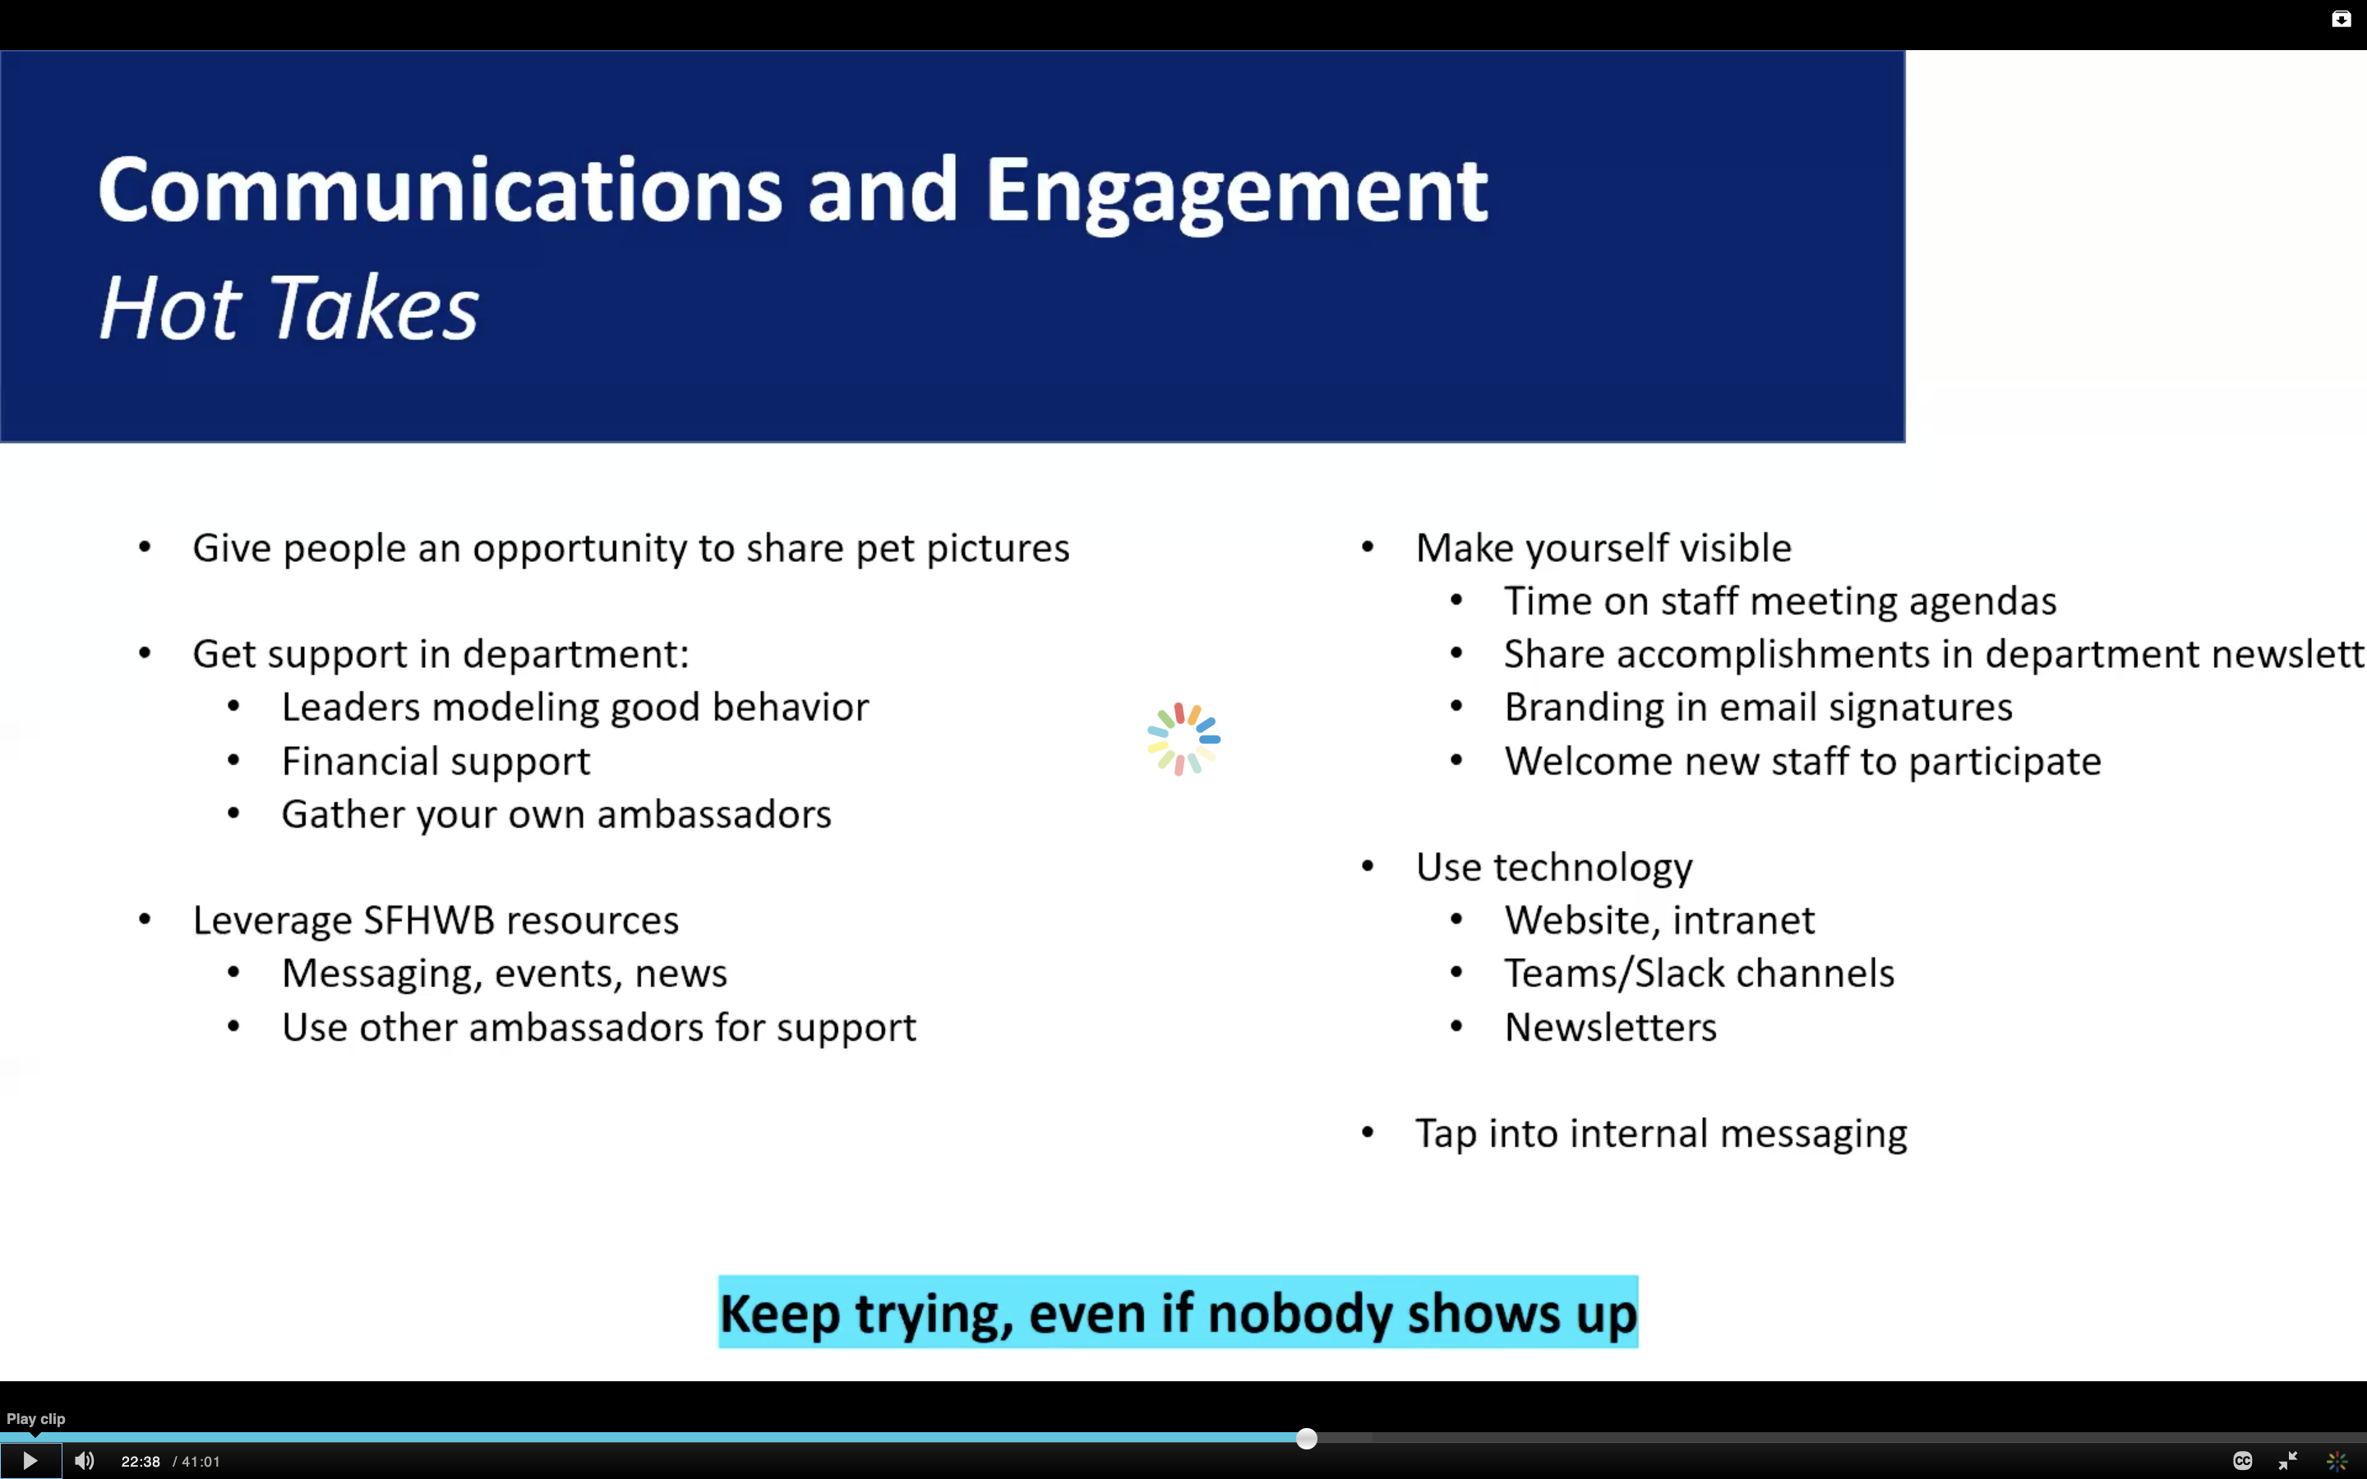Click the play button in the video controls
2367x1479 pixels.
tap(30, 1460)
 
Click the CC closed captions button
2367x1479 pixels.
tap(2243, 1460)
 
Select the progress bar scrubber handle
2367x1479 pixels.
tap(1307, 1438)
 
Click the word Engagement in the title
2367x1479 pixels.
tap(1236, 193)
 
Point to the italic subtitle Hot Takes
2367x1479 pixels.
tap(288, 307)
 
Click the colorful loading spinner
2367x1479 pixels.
tap(1183, 739)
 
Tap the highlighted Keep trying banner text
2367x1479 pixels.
tap(1178, 1313)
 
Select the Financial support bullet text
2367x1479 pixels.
tap(436, 761)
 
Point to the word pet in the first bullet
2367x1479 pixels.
tap(885, 549)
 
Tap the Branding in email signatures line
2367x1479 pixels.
tap(1758, 707)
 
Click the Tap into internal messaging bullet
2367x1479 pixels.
tap(1661, 1134)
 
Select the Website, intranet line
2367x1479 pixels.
tap(1659, 920)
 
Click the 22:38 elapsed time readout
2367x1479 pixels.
tap(140, 1462)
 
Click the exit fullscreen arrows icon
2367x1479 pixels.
tap(2288, 1460)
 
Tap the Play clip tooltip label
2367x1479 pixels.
tap(35, 1418)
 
